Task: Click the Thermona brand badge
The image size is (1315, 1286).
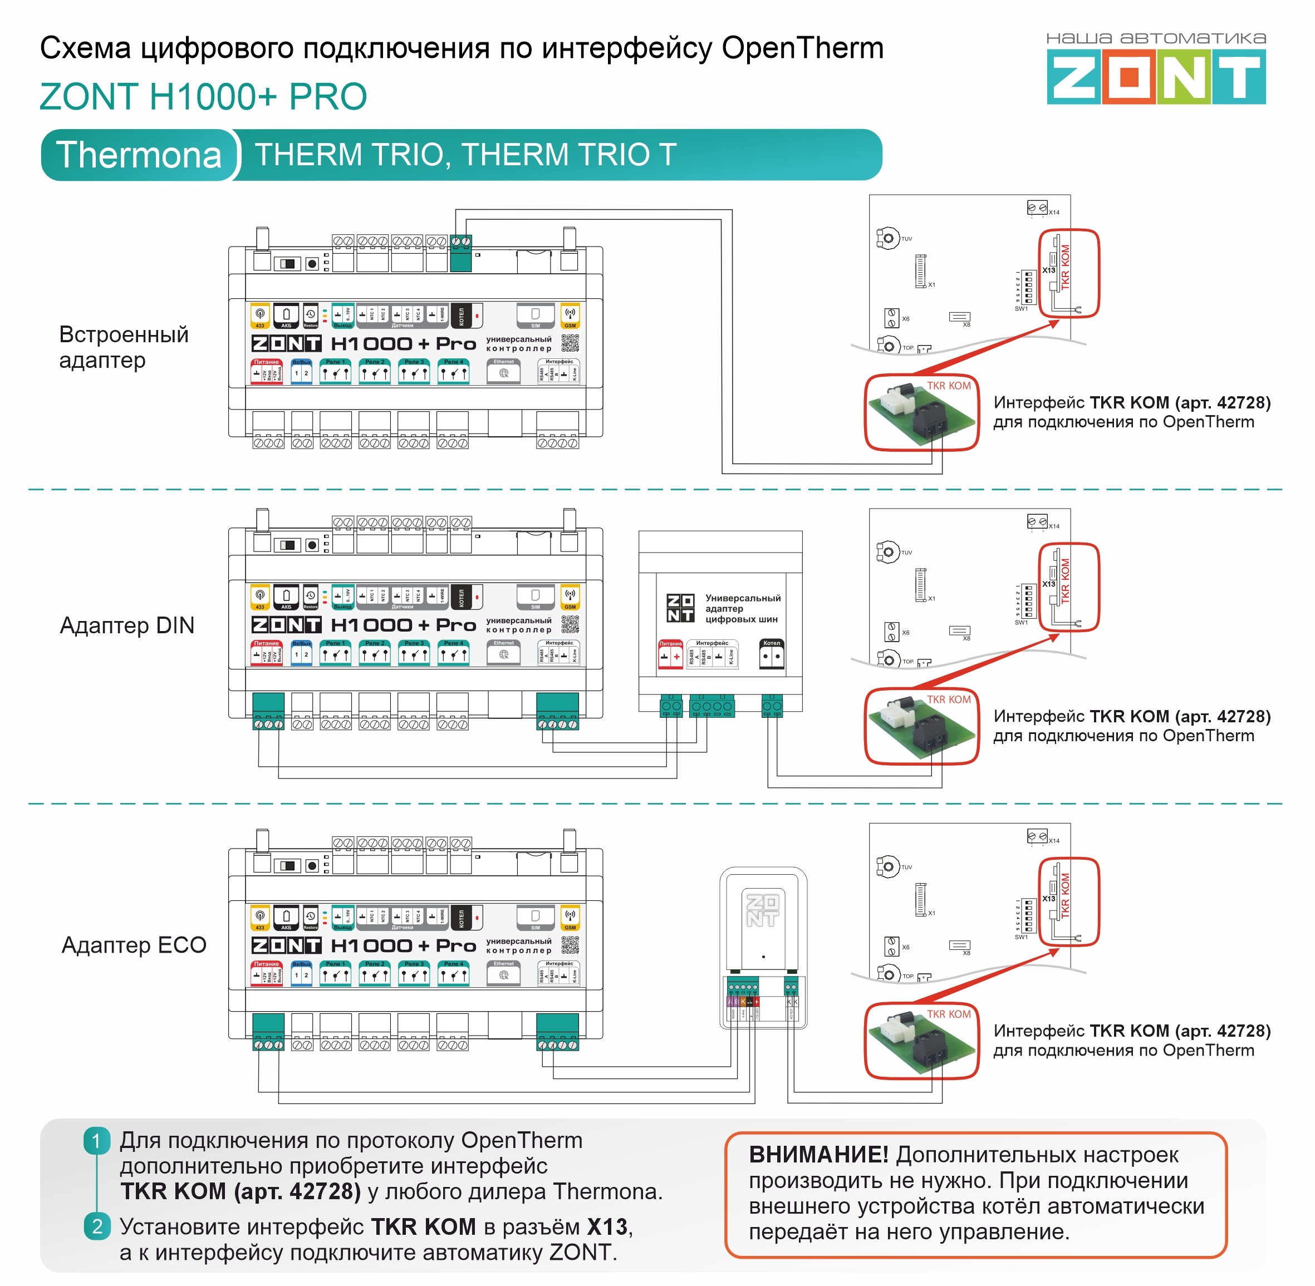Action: pyautogui.click(x=139, y=155)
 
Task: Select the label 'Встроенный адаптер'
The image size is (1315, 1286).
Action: pyautogui.click(x=123, y=347)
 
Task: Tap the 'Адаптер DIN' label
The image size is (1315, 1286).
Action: pyautogui.click(x=127, y=625)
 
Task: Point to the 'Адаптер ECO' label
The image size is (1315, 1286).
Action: pyautogui.click(x=134, y=945)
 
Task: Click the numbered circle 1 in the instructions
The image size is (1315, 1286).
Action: pyautogui.click(x=97, y=1141)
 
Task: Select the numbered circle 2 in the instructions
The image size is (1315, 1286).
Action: pyautogui.click(x=97, y=1226)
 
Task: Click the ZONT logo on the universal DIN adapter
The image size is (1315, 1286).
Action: pyautogui.click(x=680, y=608)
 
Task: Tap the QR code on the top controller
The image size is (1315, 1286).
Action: pyautogui.click(x=570, y=343)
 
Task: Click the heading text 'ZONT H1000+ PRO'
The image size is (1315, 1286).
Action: pyautogui.click(x=203, y=97)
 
